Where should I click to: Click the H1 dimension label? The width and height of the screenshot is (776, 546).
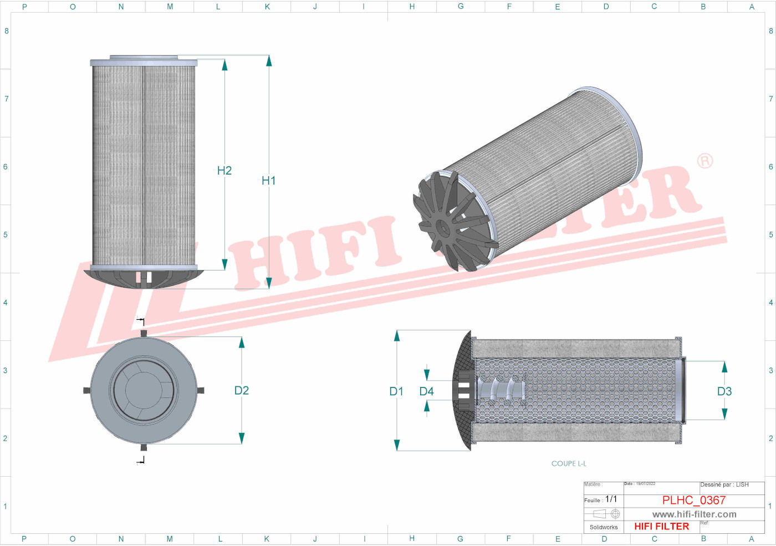268,181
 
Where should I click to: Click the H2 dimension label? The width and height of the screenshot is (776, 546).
224,171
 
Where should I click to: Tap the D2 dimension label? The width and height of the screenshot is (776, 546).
241,391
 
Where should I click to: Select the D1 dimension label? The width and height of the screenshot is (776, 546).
396,392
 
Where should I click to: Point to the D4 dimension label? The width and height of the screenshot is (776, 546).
426,392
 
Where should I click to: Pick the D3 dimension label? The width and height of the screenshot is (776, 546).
724,392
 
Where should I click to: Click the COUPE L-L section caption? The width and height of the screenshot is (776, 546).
568,463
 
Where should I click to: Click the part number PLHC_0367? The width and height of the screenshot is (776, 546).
693,500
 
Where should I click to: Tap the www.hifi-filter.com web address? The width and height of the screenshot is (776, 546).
694,514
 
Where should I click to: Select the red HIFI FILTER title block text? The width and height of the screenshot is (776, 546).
661,527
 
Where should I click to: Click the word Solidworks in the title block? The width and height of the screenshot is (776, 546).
603,527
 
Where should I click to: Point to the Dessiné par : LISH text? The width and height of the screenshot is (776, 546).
724,485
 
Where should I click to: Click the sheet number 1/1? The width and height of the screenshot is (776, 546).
611,499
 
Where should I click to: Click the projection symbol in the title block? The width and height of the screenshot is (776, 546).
606,514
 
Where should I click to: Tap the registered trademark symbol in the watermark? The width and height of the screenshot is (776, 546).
704,161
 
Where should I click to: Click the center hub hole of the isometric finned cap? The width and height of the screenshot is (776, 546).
442,227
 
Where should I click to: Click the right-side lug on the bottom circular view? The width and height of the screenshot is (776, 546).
201,390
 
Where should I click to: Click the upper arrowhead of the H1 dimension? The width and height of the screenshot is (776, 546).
269,60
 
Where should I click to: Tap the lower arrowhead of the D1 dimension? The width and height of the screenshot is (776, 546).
397,445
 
